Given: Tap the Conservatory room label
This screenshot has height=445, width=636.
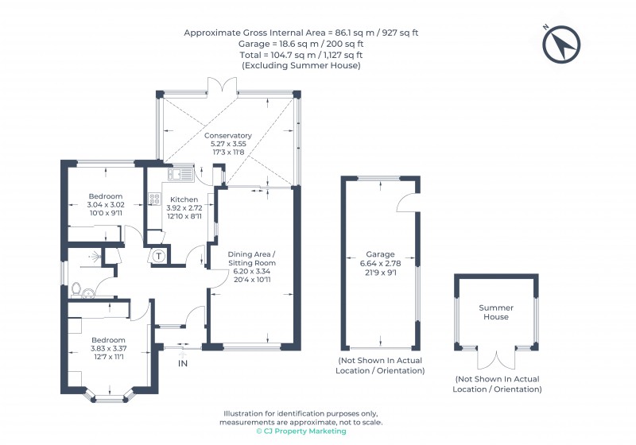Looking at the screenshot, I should pos(228,136).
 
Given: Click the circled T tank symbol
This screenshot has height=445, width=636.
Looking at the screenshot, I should pos(159,256).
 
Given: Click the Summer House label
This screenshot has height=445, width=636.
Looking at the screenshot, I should pos(495,312).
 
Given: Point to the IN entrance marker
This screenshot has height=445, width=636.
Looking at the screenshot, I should pos(182,363).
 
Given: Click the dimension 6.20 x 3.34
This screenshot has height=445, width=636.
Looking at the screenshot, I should pos(251,271).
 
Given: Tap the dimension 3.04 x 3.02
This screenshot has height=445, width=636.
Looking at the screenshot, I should pos(105,204).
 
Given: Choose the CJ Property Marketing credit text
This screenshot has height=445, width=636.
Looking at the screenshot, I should pos(301,431).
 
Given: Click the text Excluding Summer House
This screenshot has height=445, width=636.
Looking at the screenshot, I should pos(301,66).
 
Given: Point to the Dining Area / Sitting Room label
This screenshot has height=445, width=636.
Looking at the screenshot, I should pos(251,257).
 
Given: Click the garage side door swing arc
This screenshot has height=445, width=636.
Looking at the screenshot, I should pos(408,203).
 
